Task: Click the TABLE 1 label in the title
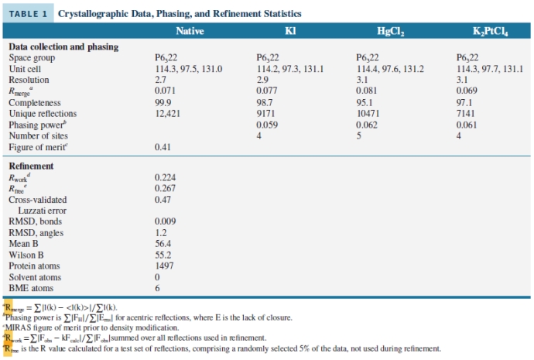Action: tap(29, 14)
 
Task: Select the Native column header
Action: tap(190, 31)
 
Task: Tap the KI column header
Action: tap(291, 31)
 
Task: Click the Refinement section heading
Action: tap(31, 166)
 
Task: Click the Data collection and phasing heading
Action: tap(63, 46)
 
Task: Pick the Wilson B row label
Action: tap(27, 255)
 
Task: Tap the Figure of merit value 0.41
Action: tap(163, 147)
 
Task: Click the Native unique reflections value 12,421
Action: tap(168, 113)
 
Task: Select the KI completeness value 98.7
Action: tap(265, 102)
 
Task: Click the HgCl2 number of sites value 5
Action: tap(359, 135)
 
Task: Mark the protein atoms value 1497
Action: tap(165, 266)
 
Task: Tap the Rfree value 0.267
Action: tap(166, 188)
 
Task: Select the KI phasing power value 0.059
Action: tap(267, 124)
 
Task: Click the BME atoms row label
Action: tap(30, 288)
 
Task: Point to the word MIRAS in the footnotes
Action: tap(24, 327)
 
